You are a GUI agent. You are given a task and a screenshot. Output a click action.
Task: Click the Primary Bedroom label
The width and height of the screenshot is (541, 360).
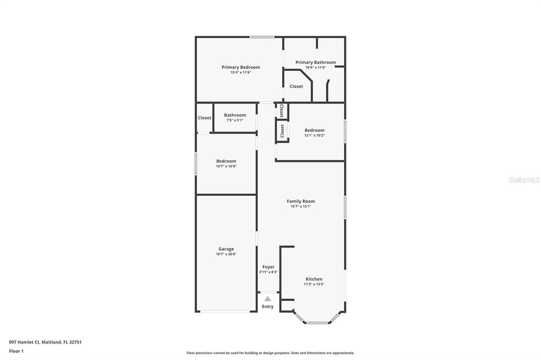click(240, 67)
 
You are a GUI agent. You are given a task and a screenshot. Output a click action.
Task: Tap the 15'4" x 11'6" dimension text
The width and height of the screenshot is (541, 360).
click(240, 72)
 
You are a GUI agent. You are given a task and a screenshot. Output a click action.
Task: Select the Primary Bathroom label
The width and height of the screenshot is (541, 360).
click(315, 62)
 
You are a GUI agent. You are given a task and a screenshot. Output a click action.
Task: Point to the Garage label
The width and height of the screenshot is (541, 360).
click(226, 249)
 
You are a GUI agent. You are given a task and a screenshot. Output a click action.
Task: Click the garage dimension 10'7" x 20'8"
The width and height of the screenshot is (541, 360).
click(226, 254)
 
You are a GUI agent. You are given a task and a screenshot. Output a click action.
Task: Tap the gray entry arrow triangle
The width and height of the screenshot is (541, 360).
click(268, 299)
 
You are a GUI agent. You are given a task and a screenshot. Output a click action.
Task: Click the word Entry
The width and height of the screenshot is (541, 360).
click(268, 307)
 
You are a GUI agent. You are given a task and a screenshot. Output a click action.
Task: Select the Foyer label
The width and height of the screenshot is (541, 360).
click(268, 267)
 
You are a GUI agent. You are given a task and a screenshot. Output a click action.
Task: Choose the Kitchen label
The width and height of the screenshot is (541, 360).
click(314, 279)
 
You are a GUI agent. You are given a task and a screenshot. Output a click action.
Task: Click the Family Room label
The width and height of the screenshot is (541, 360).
click(301, 201)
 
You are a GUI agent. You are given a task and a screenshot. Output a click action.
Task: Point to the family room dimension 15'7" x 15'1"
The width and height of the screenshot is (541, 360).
click(301, 206)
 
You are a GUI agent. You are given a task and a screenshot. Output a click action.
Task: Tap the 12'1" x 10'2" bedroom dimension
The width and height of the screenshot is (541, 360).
click(314, 136)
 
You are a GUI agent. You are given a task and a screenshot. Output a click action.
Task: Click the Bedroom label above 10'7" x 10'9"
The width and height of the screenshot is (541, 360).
click(226, 161)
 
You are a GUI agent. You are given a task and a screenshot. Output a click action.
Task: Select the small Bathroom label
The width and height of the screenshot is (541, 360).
click(235, 115)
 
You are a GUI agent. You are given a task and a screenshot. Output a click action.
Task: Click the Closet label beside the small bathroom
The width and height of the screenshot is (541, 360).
click(204, 118)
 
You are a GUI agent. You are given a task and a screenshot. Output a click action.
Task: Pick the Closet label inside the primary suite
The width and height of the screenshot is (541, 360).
click(296, 87)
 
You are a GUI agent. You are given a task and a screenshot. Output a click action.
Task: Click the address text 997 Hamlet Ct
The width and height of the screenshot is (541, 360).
click(24, 342)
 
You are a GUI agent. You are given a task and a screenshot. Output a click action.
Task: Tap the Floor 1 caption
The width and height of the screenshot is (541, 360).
click(16, 351)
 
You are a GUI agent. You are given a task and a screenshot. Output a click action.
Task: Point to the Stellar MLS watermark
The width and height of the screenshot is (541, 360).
click(524, 180)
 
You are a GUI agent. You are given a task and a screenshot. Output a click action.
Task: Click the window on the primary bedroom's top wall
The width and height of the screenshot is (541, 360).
click(262, 37)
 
